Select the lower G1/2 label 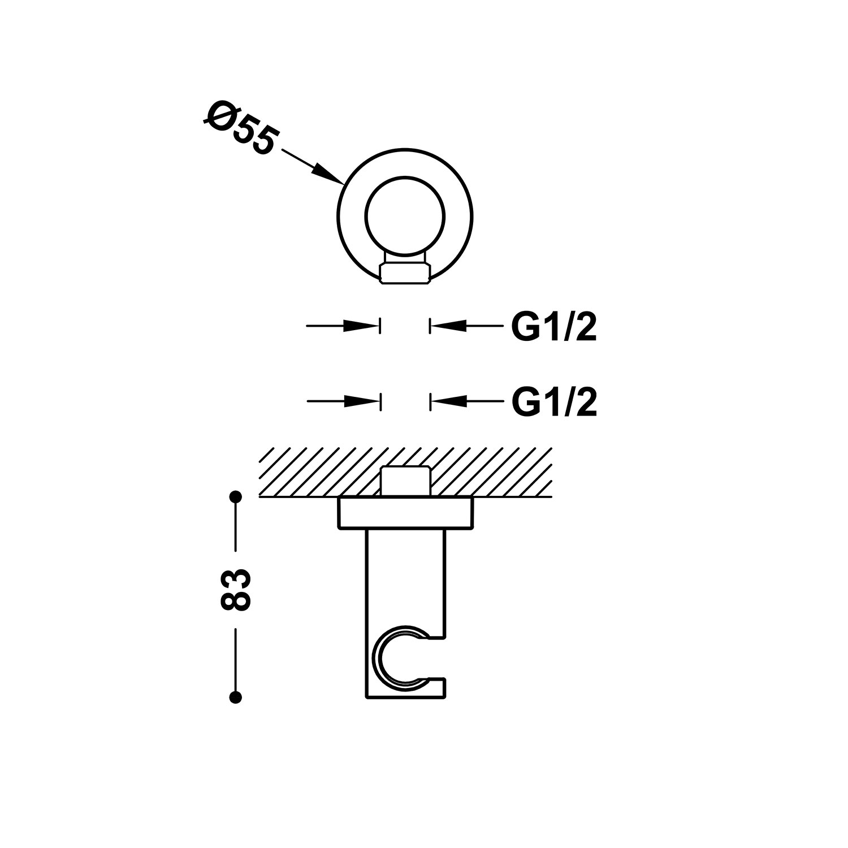point(554,403)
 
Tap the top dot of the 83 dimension point(236,497)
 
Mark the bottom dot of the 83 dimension point(236,696)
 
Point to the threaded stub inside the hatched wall point(405,482)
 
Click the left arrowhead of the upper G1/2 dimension point(360,326)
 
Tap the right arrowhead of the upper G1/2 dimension point(449,326)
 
